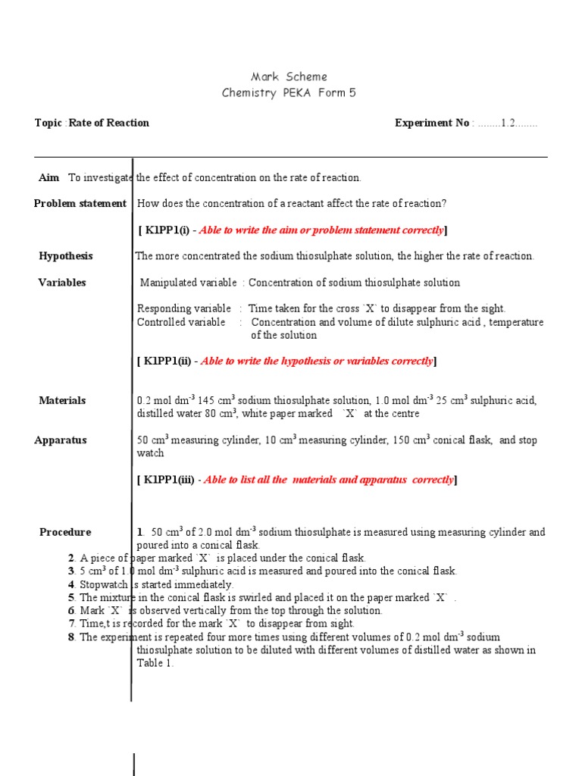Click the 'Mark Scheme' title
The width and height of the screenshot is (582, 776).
point(289,77)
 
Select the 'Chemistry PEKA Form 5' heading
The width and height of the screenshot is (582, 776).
point(288,92)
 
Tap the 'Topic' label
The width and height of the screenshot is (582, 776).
point(48,123)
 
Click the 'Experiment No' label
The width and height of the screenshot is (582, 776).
point(432,123)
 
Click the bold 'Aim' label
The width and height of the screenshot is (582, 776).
point(48,177)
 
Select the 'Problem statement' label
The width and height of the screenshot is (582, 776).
point(80,203)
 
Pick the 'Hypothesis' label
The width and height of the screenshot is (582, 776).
point(65,256)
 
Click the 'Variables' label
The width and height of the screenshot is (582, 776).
point(62,283)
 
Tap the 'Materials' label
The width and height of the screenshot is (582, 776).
point(62,400)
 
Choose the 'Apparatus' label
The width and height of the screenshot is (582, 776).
point(61,440)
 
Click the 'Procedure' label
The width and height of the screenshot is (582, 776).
point(65,532)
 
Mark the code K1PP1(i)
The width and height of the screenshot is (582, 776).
point(168,230)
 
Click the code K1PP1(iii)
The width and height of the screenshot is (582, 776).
point(171,479)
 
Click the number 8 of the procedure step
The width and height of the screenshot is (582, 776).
point(70,637)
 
